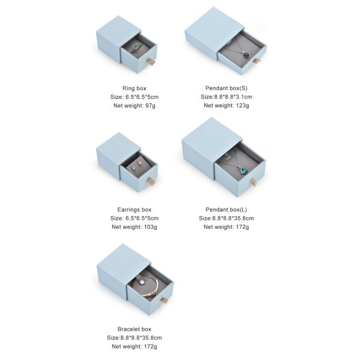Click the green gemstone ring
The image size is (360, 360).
click(x=136, y=47)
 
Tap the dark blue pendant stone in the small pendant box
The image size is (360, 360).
click(x=246, y=55)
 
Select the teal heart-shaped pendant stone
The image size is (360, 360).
click(x=243, y=170)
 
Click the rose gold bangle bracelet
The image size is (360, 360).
click(x=145, y=286)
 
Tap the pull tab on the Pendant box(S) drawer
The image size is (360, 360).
click(x=256, y=61)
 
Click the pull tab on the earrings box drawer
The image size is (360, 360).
click(x=152, y=181)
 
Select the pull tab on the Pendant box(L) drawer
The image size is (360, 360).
click(x=253, y=182)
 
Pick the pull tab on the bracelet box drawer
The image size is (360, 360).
click(x=165, y=300)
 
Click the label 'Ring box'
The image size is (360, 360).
click(x=134, y=88)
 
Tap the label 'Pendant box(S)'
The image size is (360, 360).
click(x=226, y=88)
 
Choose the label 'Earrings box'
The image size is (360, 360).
click(x=134, y=209)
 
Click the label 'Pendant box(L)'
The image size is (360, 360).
click(x=226, y=209)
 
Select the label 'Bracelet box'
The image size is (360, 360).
click(x=134, y=329)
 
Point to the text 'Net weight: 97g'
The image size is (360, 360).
click(x=134, y=106)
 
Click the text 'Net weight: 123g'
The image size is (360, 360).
click(x=226, y=106)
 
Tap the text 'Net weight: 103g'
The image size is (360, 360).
click(x=134, y=227)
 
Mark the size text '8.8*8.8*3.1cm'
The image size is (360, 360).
click(x=233, y=97)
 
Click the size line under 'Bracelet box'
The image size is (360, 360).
click(x=134, y=338)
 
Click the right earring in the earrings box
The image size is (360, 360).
click(x=139, y=163)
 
